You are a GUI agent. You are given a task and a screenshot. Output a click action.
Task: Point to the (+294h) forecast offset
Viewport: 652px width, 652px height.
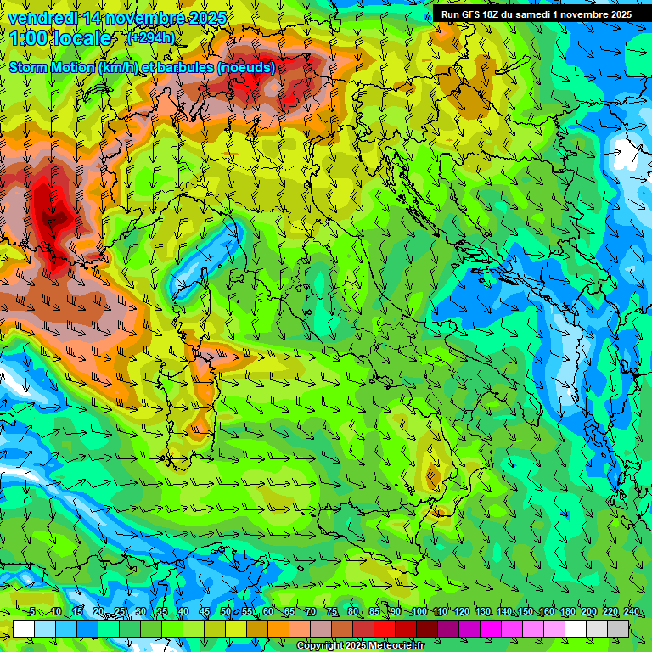[x=151, y=37]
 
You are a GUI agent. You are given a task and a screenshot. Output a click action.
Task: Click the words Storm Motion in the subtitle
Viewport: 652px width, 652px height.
[x=51, y=67]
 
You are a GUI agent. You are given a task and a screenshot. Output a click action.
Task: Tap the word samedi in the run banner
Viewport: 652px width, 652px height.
[x=531, y=14]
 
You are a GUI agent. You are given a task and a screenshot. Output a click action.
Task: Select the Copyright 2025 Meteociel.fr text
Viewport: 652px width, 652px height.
[x=360, y=646]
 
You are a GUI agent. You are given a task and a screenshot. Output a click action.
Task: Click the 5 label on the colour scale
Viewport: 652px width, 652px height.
[x=32, y=612]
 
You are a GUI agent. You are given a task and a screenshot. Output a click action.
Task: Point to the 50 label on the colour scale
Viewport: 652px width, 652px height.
[x=225, y=612]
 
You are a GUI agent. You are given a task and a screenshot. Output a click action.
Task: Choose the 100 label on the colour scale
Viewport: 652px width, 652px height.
[x=419, y=612]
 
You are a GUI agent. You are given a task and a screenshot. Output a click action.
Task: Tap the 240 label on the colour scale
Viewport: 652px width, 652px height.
[x=632, y=612]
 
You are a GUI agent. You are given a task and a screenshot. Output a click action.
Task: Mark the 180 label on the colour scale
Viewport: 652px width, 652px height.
[x=567, y=612]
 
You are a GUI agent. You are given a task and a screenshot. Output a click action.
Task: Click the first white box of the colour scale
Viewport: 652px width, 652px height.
[x=24, y=628]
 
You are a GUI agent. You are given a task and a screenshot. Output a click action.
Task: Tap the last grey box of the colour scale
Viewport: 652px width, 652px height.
[x=619, y=628]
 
